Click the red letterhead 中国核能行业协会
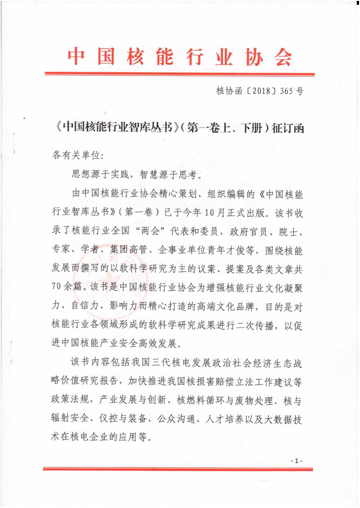click(180, 57)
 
